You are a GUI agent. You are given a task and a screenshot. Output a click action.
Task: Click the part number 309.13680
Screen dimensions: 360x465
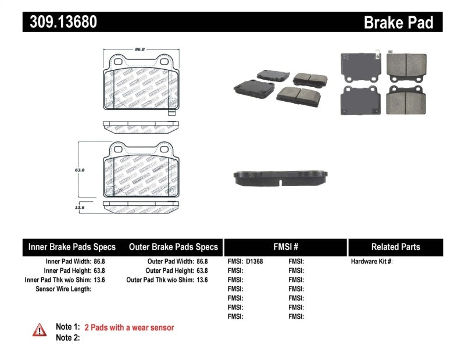[x=60, y=22]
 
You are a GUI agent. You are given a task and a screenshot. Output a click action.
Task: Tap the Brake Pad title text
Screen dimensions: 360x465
[x=398, y=23]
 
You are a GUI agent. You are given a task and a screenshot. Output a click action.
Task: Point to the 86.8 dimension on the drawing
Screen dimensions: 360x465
[x=139, y=49]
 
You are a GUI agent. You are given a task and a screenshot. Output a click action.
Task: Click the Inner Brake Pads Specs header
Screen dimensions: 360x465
[x=72, y=247]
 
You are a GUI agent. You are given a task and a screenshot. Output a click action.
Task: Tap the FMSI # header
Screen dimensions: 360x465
[x=285, y=247]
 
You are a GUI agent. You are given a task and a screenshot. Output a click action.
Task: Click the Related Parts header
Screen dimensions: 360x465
[x=395, y=247]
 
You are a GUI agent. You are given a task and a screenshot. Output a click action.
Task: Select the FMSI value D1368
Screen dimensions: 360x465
[x=255, y=262]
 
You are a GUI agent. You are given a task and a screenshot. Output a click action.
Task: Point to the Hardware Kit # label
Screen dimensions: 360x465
[x=371, y=262]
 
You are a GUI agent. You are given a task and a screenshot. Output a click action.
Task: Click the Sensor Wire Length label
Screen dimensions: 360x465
[x=63, y=288]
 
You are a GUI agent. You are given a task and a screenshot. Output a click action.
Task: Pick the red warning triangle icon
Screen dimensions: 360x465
[x=40, y=330]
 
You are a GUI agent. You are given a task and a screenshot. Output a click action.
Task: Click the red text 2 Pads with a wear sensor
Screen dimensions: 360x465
[x=129, y=327]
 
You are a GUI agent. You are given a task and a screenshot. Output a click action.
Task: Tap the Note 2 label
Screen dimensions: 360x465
[x=67, y=337]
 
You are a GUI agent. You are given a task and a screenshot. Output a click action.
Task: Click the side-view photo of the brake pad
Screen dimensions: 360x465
[x=281, y=178]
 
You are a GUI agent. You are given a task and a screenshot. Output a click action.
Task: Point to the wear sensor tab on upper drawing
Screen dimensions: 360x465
[x=171, y=112]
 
